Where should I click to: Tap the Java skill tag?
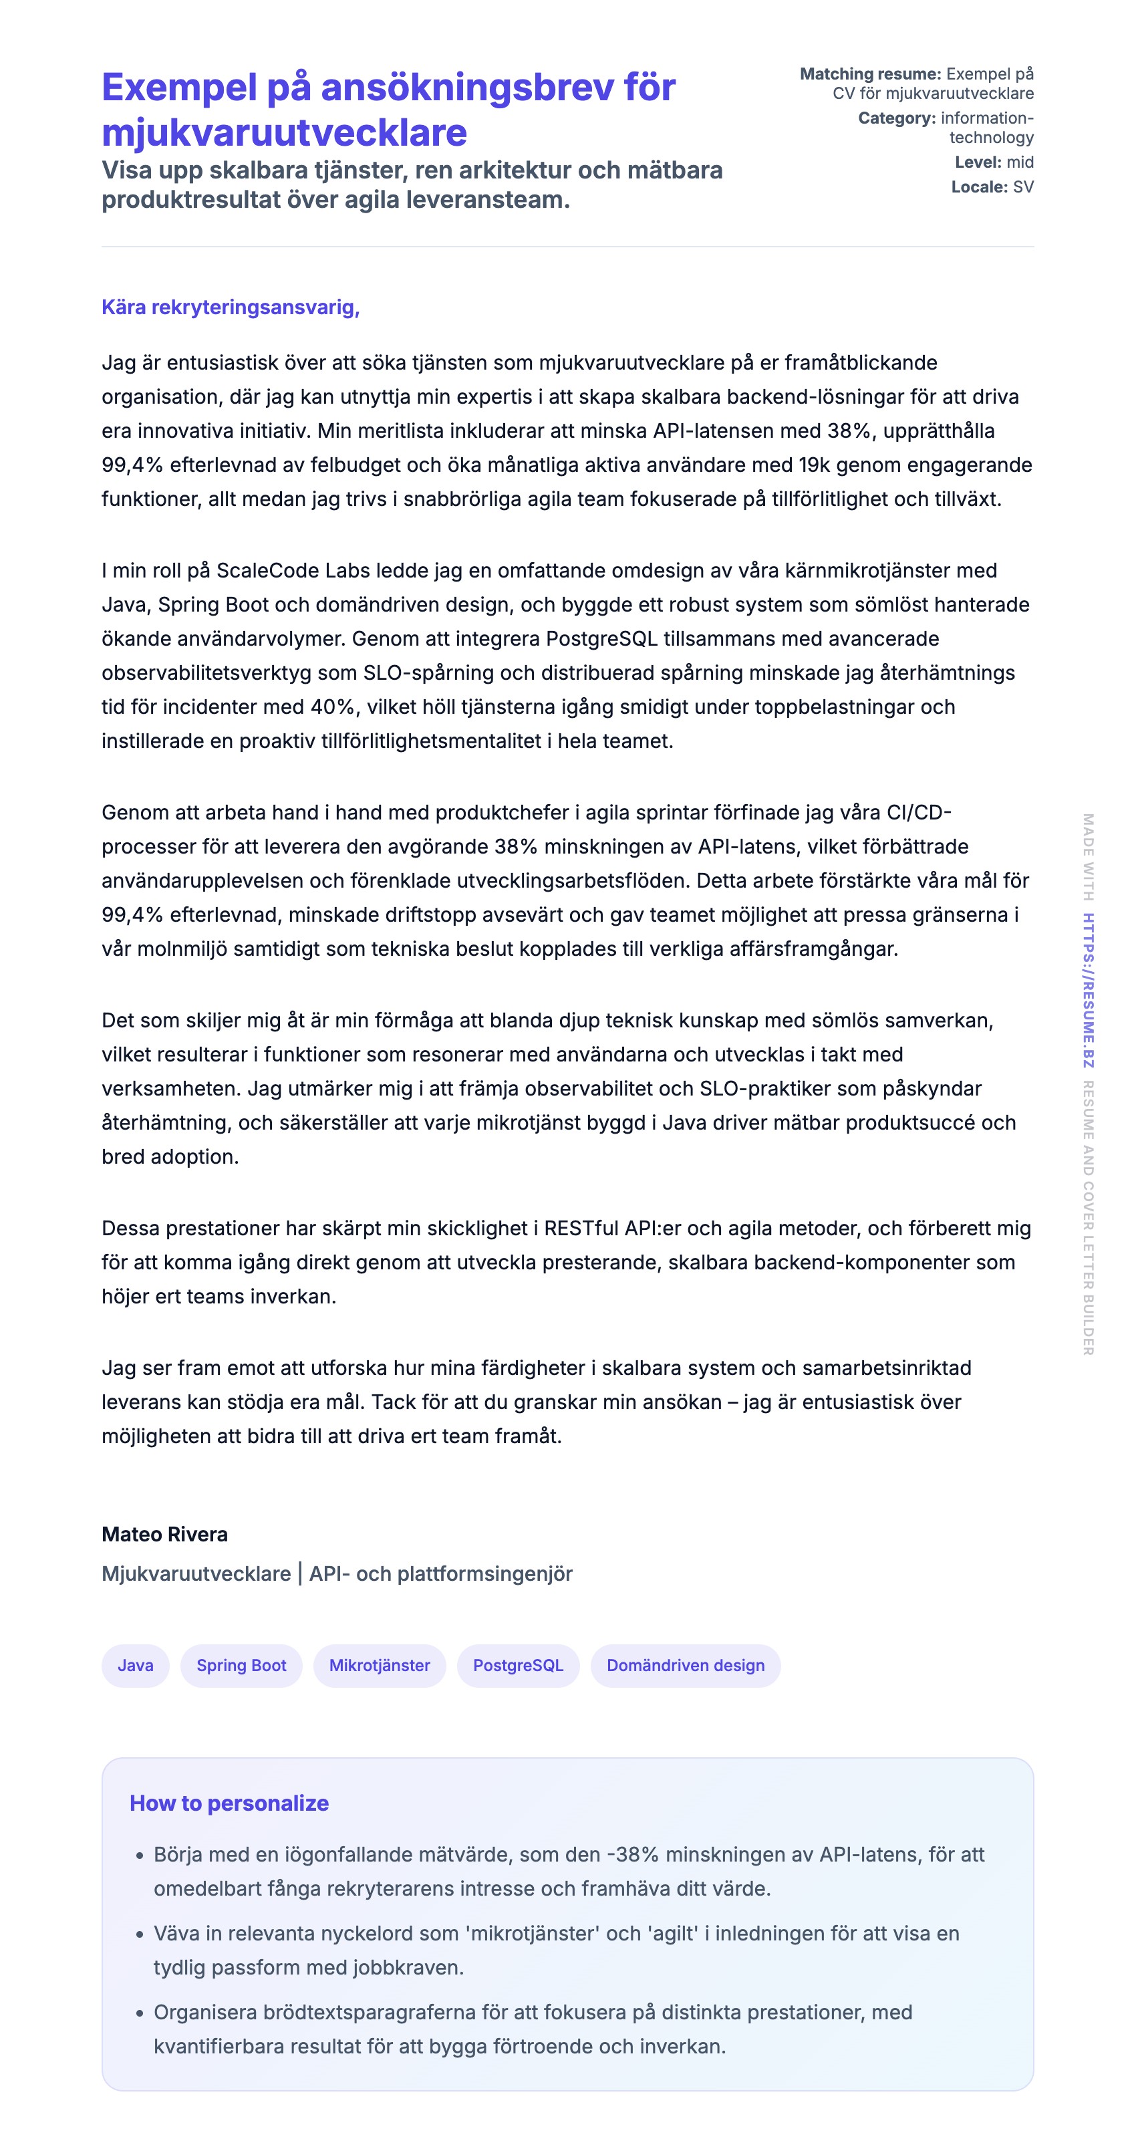click(136, 1665)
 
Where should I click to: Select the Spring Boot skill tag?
click(241, 1665)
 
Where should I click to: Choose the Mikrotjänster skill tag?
click(379, 1665)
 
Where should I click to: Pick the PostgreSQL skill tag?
click(518, 1665)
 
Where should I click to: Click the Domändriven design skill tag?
click(685, 1665)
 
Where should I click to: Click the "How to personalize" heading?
click(229, 1803)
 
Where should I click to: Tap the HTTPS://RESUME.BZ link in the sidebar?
click(1087, 990)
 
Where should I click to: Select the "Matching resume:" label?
click(870, 74)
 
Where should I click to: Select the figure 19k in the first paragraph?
click(817, 465)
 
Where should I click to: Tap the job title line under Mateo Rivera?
click(337, 1573)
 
